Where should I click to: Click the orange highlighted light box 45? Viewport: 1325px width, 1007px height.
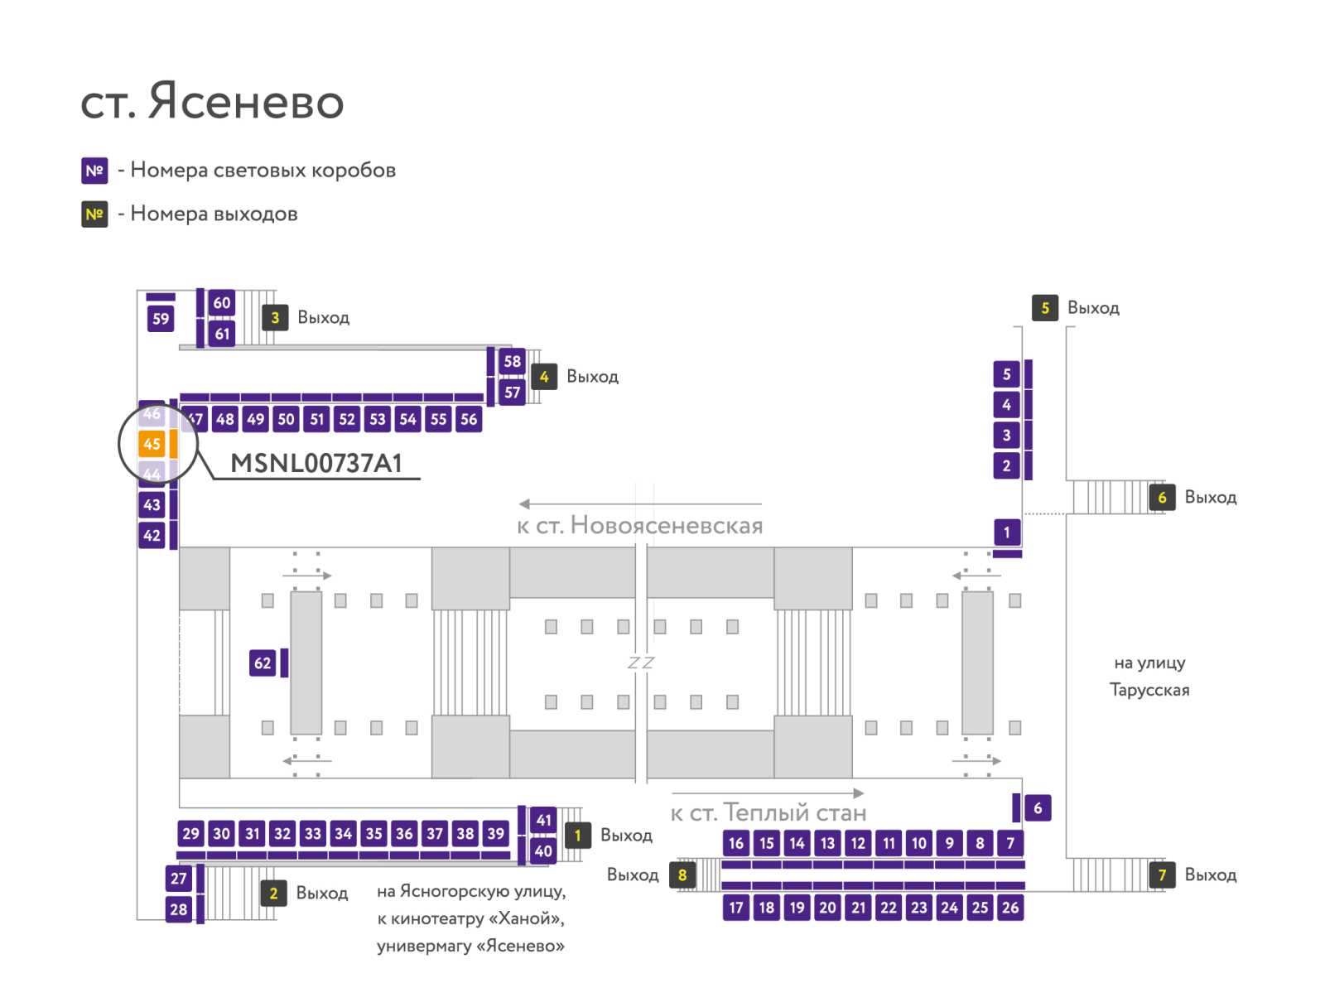[151, 444]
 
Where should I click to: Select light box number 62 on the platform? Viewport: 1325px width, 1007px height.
[262, 662]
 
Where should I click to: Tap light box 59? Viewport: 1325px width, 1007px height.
[161, 318]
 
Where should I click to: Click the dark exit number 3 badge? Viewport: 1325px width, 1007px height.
[275, 317]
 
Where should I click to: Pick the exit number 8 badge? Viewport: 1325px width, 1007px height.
[682, 874]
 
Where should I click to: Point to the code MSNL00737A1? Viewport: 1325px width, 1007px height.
[316, 464]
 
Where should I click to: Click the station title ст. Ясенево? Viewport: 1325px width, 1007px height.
[212, 101]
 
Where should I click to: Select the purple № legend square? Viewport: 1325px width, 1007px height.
[94, 170]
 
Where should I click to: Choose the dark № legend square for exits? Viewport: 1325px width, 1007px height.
[94, 214]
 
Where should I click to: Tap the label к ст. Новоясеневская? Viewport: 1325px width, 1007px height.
[640, 525]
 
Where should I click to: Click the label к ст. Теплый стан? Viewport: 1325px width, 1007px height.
[768, 812]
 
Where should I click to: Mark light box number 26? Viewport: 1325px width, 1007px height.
[1009, 907]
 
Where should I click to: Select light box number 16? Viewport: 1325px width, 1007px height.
[736, 843]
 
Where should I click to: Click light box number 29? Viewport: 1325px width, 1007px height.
[190, 833]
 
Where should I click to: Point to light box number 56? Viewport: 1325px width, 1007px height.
[469, 419]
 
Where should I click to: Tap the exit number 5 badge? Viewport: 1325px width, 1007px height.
[1045, 308]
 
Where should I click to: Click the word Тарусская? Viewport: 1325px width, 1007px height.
[1149, 690]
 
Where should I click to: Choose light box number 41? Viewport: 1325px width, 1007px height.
[543, 820]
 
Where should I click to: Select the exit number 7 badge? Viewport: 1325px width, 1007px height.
[1162, 874]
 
